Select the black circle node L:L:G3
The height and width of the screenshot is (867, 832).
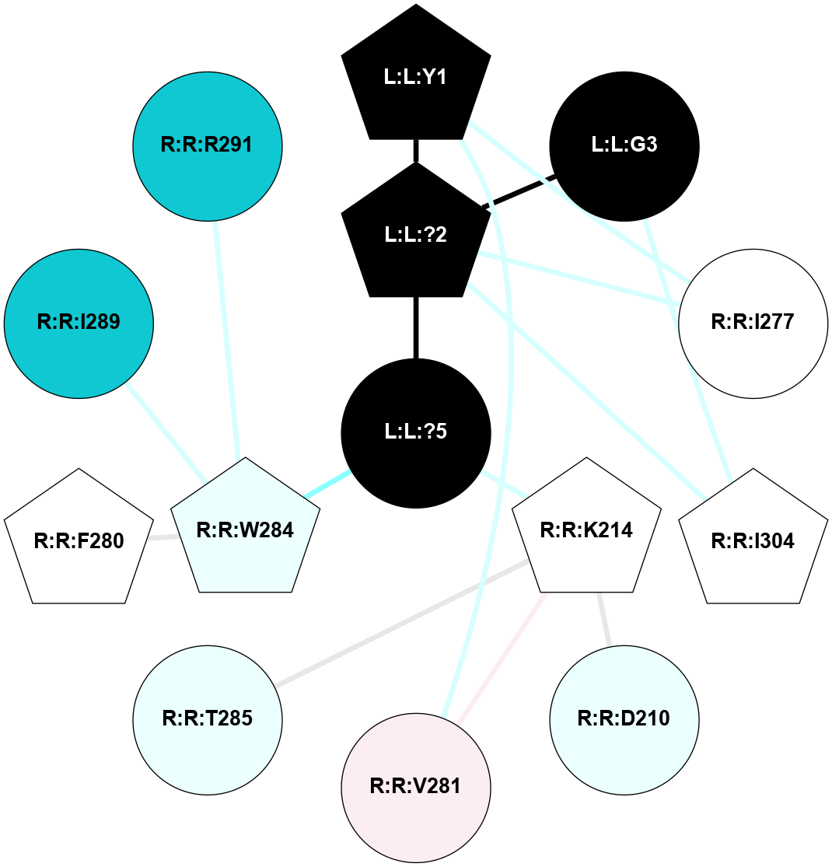click(x=624, y=145)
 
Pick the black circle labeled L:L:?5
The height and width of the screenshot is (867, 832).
click(x=416, y=432)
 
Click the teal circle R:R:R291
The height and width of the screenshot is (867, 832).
click(x=208, y=145)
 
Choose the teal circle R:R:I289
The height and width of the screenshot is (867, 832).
click(x=79, y=323)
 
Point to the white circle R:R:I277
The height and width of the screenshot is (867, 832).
click(x=753, y=323)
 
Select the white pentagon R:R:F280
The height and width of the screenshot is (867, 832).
click(x=79, y=541)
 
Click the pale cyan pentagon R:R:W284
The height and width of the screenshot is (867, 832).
click(x=246, y=531)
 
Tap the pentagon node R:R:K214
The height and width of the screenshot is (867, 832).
click(x=586, y=531)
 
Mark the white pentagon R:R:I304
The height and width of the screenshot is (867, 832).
click(x=753, y=541)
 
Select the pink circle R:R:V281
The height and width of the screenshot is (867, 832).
click(x=416, y=787)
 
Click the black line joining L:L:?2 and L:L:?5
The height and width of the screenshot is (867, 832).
click(x=416, y=327)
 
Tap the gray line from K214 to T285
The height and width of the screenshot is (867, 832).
click(x=400, y=622)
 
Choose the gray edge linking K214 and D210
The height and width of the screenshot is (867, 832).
click(x=604, y=619)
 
